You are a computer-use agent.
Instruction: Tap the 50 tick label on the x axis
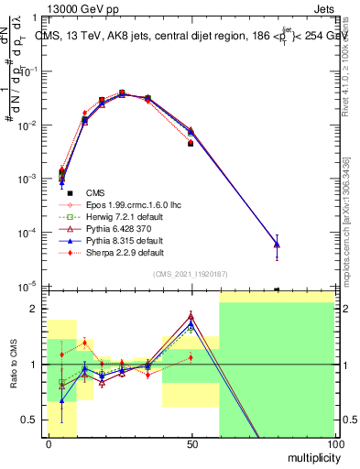point(191,443)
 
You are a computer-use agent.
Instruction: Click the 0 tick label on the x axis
point(49,443)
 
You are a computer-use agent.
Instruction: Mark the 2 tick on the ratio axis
point(36,309)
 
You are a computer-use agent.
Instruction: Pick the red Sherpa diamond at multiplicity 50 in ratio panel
point(191,357)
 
